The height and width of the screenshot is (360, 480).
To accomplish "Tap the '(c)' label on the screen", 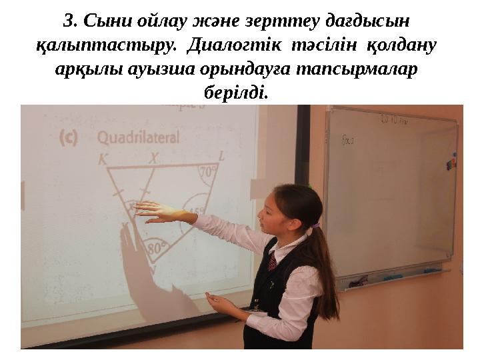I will (x=69, y=137).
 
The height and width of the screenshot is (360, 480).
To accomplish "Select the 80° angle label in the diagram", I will (x=157, y=249).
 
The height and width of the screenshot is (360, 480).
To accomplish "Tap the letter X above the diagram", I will (x=154, y=160).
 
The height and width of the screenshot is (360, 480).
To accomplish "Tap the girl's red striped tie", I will (x=272, y=261).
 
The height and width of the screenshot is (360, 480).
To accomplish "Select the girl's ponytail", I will (x=327, y=267).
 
